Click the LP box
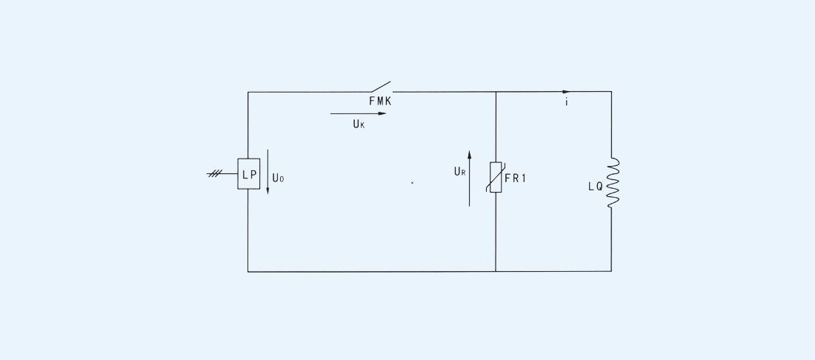(x=249, y=173)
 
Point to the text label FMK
(x=380, y=101)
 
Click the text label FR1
(x=516, y=177)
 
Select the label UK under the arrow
(x=359, y=125)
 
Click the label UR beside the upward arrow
(x=459, y=172)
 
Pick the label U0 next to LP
(x=278, y=178)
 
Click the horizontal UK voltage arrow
(x=359, y=114)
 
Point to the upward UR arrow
(x=469, y=178)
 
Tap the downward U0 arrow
(x=268, y=174)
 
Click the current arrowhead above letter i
(x=567, y=92)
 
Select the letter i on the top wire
(x=567, y=102)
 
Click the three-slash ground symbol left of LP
(x=216, y=173)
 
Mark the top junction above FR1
(x=496, y=92)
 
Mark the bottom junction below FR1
(x=496, y=271)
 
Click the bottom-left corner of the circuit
(x=248, y=271)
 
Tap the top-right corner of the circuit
(x=611, y=92)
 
